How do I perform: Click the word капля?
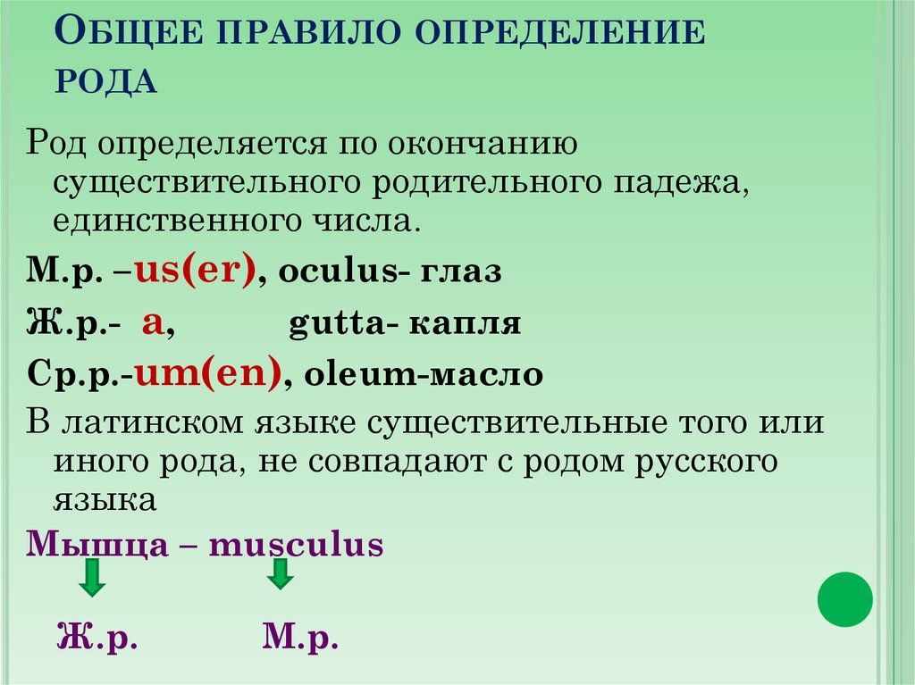point(466,323)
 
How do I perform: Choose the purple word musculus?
point(296,544)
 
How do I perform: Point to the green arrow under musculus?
point(280,573)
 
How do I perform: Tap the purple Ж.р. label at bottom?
point(97,639)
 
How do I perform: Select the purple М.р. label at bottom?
point(301,639)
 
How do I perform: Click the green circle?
point(844,599)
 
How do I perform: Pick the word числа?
point(368,220)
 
